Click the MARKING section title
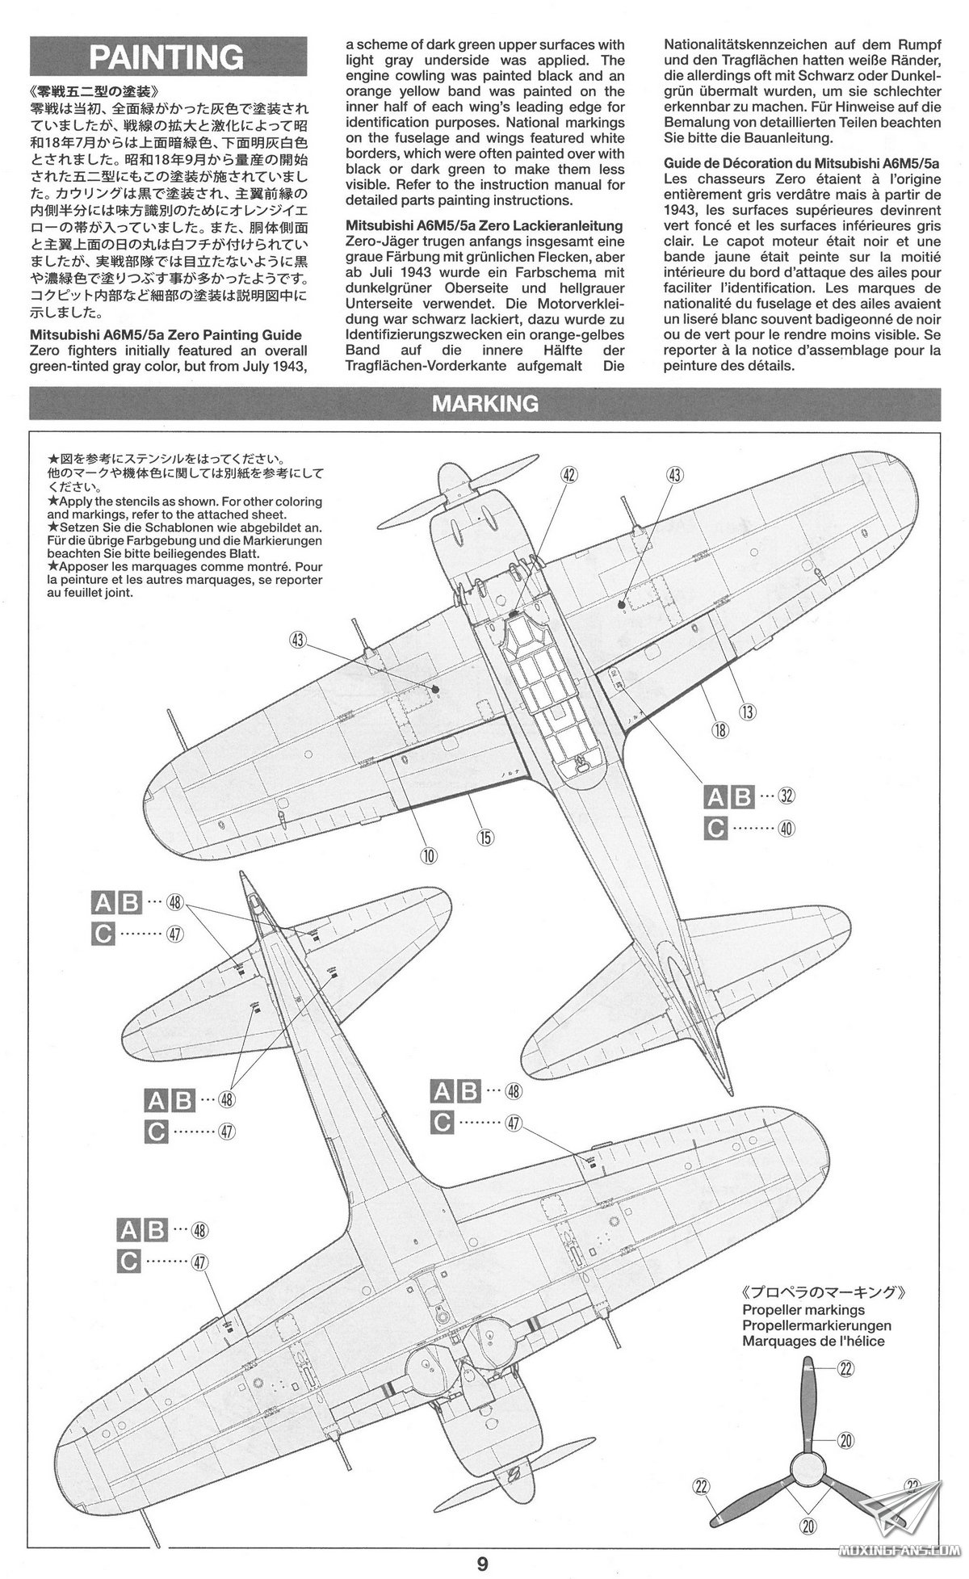click(x=484, y=403)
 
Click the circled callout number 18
click(x=719, y=731)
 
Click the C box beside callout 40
click(x=715, y=829)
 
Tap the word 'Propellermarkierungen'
click(x=816, y=1325)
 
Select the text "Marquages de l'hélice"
click(x=813, y=1342)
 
